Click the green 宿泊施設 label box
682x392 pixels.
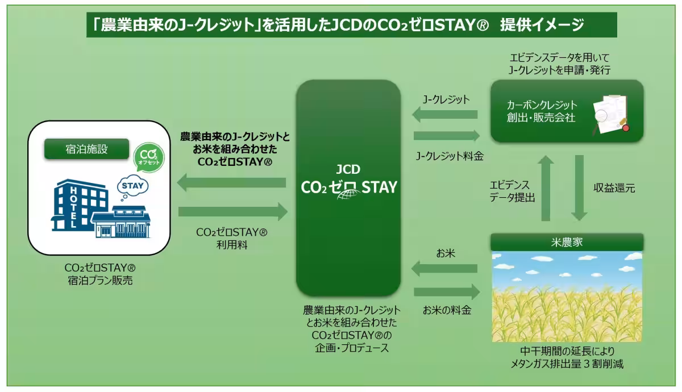87,149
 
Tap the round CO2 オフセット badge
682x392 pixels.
149,158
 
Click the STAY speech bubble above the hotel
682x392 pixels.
133,186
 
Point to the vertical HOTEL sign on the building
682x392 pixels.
74,207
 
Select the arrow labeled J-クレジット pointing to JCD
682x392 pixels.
445,114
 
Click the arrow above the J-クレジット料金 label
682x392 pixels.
447,136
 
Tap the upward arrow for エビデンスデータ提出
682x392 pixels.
546,188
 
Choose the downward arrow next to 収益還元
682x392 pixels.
579,188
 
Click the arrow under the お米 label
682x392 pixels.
444,268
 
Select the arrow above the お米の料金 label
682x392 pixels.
447,292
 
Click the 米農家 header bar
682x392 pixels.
567,242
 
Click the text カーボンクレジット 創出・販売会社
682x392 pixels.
542,111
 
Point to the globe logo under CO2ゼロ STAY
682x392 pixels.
348,194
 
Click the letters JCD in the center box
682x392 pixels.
348,169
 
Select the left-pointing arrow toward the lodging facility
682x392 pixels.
231,182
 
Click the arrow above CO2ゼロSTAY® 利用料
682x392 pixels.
233,212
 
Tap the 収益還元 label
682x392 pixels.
614,188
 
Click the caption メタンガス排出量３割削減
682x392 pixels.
567,364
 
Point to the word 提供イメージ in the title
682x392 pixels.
542,24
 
